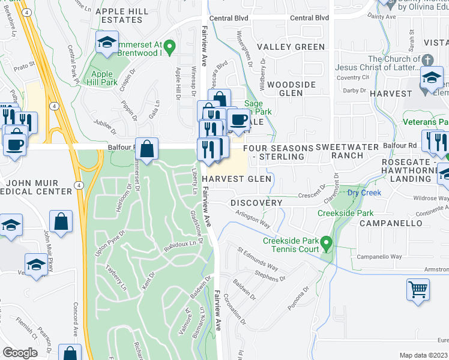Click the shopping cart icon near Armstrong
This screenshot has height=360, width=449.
418,289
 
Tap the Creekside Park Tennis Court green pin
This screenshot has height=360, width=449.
326,244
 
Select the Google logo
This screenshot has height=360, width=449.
20,353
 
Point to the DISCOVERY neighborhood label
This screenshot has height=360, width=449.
256,203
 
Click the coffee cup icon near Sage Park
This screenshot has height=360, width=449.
239,119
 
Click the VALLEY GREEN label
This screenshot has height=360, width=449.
291,47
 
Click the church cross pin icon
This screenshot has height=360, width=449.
427,61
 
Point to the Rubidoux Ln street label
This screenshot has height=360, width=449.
181,244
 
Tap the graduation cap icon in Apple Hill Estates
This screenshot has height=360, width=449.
107,43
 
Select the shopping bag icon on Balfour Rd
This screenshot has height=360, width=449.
148,148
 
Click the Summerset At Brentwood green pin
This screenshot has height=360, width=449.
170,45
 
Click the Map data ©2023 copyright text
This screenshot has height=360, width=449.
423,355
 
